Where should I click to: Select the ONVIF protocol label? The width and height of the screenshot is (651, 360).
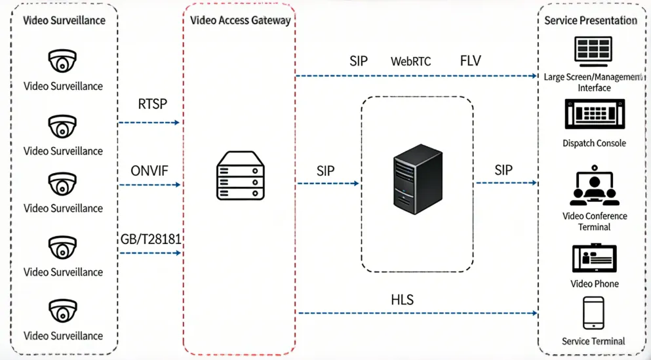149,171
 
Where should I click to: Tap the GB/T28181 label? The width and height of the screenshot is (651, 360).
151,239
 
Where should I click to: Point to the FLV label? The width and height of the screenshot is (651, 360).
470,61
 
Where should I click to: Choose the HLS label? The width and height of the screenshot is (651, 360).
402,300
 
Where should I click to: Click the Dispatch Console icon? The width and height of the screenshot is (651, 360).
594,115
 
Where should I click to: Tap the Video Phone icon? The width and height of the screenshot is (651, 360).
594,258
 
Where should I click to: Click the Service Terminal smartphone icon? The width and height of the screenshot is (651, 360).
593,313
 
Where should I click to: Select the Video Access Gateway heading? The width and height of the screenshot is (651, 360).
240,20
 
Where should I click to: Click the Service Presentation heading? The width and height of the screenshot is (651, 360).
591,20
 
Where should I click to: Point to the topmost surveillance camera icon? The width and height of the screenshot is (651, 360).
63,62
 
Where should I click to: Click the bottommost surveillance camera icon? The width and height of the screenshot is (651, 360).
63,311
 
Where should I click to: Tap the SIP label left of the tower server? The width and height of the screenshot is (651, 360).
325,171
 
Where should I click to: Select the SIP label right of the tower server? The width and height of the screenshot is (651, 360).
503,170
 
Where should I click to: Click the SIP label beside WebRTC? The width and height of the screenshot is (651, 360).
359,61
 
